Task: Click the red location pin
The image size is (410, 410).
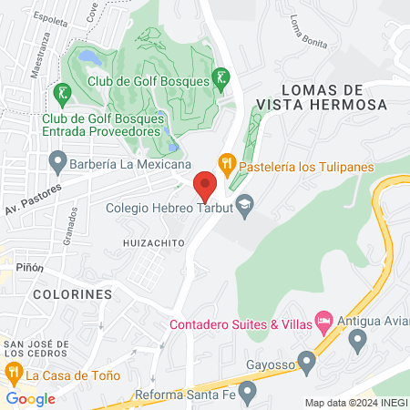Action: coord(205,186)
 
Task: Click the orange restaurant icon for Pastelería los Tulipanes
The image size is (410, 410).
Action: coord(227,164)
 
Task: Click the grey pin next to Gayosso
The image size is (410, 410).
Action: coord(307,364)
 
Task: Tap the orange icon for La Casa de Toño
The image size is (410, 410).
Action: coord(13,373)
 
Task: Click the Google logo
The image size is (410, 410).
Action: coord(30,399)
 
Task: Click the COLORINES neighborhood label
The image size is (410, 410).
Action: coord(72,295)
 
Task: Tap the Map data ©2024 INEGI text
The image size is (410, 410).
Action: coord(354,403)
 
